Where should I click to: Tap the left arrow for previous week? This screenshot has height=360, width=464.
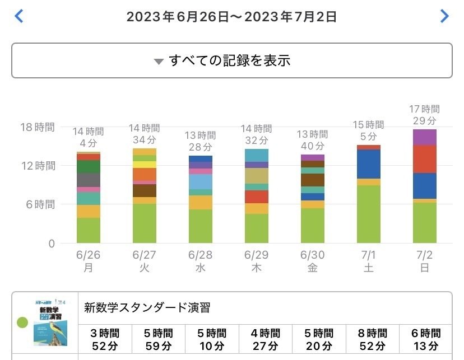click(x=19, y=16)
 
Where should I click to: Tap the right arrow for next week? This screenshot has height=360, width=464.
click(x=444, y=16)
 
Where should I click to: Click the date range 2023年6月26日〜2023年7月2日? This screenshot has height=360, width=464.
click(x=231, y=17)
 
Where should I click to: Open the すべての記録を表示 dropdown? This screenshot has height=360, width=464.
click(x=231, y=60)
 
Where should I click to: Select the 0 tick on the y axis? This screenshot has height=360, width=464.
click(x=51, y=244)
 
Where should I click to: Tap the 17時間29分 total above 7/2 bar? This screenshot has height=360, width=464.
click(x=424, y=115)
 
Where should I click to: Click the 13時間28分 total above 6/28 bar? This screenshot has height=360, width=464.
click(x=200, y=141)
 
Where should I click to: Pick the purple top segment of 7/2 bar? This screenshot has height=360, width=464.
click(x=424, y=137)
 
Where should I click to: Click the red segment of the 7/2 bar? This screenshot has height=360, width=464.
click(x=424, y=159)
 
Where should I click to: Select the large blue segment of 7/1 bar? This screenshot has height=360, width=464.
click(x=368, y=164)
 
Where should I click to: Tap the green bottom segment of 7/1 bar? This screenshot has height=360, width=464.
click(x=368, y=214)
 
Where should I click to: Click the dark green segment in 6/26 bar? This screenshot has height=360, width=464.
click(x=88, y=166)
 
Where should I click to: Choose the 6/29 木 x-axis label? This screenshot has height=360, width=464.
click(x=256, y=261)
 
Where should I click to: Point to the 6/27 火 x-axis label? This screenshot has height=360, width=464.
click(x=144, y=261)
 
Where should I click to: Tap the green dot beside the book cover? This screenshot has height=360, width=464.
click(x=23, y=322)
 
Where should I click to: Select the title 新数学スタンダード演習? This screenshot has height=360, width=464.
click(x=147, y=307)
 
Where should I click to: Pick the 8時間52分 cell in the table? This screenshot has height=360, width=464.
click(x=372, y=339)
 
